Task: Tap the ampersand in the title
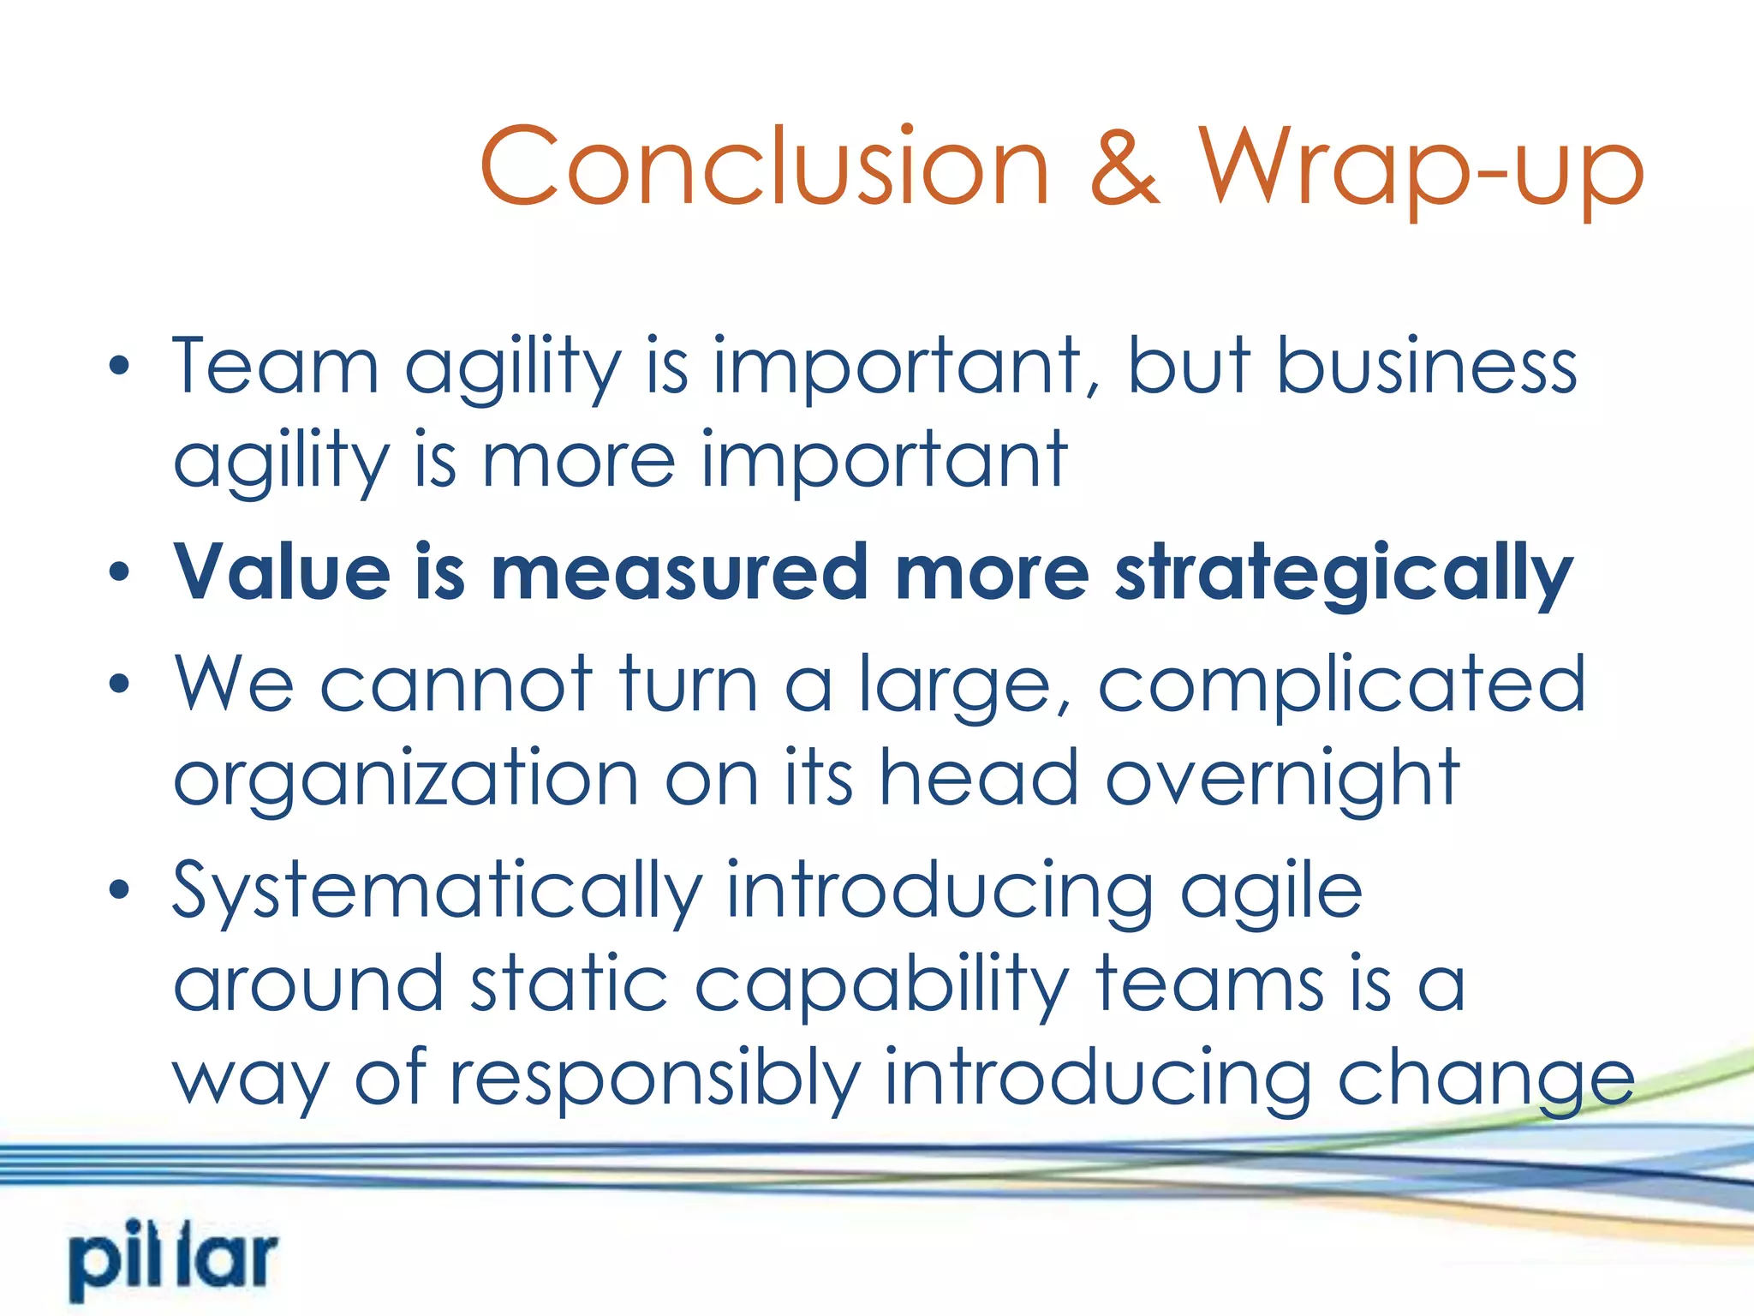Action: coord(1124,167)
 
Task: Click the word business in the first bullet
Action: coord(1426,367)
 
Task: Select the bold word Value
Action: coord(282,572)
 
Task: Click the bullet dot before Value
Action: coord(120,571)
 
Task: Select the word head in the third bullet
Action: coord(978,778)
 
